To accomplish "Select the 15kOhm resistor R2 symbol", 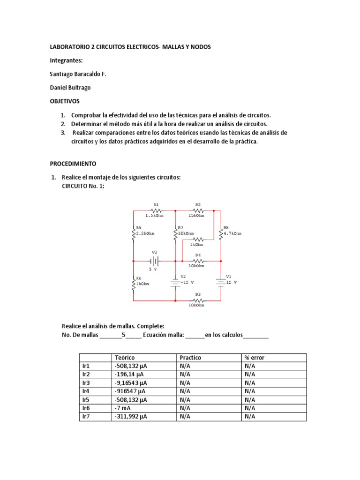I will [197, 210].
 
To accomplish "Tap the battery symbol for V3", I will [155, 261].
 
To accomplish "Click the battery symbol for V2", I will [175, 282].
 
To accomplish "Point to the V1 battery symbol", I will [220, 282].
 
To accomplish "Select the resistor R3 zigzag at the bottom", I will [197, 300].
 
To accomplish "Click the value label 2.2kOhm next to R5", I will [145, 233].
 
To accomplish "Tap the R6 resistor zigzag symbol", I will [134, 283].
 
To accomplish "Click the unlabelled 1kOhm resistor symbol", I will [197, 239].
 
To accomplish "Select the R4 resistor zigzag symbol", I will [197, 261].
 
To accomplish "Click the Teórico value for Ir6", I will [120, 408].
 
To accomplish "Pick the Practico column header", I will [190, 358].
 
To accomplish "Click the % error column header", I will [255, 358].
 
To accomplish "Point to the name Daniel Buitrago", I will [70, 88].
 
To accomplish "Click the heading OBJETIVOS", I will [65, 101].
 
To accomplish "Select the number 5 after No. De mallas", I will [123, 335].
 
